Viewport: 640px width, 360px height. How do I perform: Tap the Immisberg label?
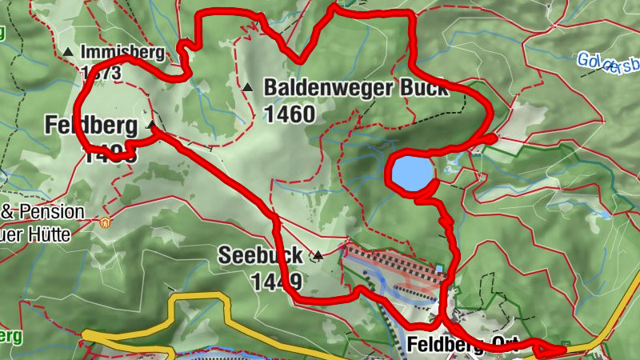click(122, 54)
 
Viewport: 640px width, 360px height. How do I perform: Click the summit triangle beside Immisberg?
click(69, 54)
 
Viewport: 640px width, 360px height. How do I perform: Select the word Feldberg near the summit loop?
click(88, 125)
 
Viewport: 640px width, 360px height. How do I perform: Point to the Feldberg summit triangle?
click(152, 125)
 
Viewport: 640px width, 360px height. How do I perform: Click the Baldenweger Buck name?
click(356, 88)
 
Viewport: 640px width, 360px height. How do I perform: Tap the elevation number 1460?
click(289, 114)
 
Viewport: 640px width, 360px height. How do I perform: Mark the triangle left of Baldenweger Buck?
click(249, 87)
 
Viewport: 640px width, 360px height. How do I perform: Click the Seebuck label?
click(261, 256)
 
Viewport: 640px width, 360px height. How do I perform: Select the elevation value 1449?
click(277, 281)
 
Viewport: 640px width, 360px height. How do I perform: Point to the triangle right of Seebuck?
click(318, 256)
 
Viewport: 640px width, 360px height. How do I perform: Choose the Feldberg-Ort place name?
click(462, 345)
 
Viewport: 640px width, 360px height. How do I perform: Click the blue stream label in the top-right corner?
click(608, 61)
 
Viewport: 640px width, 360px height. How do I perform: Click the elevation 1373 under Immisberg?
click(101, 73)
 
